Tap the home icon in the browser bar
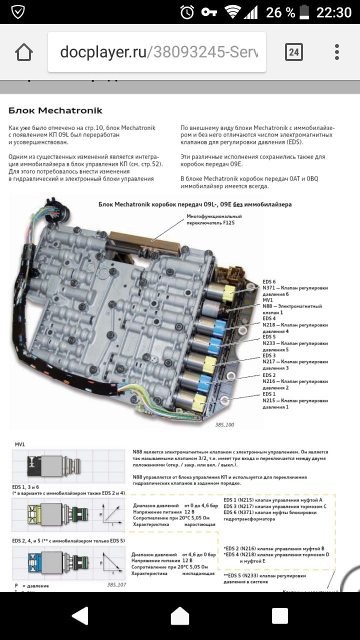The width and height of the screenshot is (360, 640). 23,52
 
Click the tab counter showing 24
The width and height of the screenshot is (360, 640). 293,52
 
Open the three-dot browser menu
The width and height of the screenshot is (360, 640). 337,52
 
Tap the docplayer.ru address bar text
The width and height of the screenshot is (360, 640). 158,52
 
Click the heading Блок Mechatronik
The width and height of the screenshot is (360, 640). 55,110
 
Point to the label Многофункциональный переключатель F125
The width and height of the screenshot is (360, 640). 214,219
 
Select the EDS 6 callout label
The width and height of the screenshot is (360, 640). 269,282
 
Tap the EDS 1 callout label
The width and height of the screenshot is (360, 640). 269,394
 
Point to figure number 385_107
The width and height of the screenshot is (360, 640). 116,584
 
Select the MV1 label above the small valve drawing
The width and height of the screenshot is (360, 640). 20,443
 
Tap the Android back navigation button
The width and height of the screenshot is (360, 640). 80,616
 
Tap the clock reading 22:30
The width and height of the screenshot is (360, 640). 333,12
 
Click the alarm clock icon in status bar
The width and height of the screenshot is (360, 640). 187,12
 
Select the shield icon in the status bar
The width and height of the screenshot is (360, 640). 18,12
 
